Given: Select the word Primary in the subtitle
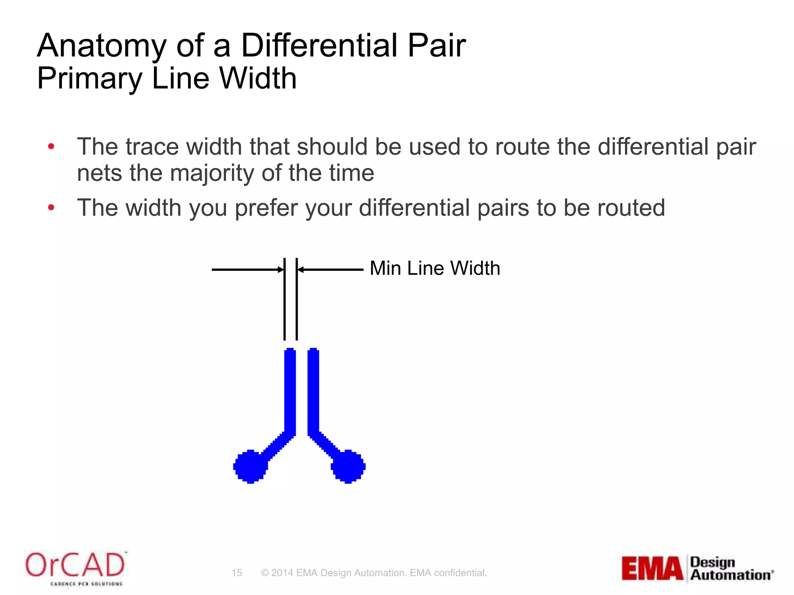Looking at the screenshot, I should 90,79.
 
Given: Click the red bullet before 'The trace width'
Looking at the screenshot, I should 51,147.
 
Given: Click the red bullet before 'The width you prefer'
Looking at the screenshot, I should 51,208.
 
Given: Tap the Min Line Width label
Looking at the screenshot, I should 435,268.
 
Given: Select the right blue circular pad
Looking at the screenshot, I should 348,466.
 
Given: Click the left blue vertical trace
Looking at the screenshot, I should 290,391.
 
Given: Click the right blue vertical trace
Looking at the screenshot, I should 313,391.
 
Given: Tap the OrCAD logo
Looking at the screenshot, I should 75,568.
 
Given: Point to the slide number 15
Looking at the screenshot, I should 236,573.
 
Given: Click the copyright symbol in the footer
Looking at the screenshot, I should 265,573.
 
